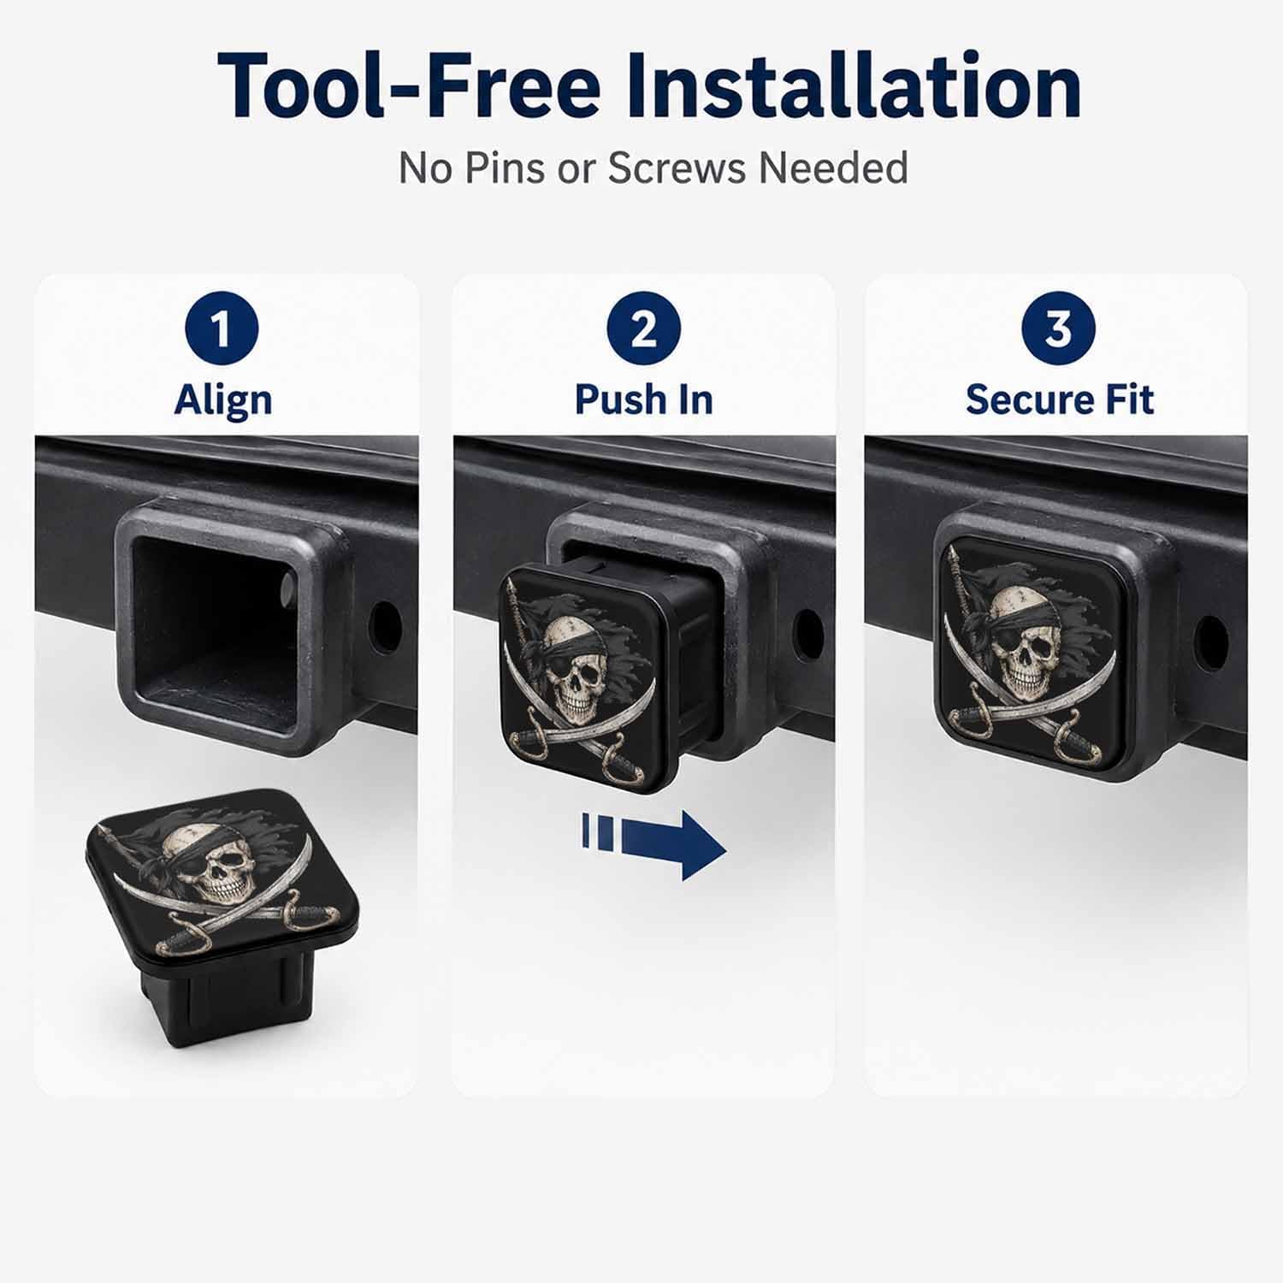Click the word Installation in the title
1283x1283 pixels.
(x=854, y=86)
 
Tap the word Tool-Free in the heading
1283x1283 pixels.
(x=409, y=86)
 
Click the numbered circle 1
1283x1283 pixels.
(x=222, y=329)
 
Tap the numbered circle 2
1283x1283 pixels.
(x=643, y=329)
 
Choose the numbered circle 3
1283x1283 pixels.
(x=1059, y=329)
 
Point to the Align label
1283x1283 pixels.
(x=223, y=399)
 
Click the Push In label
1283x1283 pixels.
(x=643, y=399)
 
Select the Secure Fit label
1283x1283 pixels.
(x=1060, y=399)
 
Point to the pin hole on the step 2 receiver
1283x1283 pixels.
(x=807, y=633)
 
